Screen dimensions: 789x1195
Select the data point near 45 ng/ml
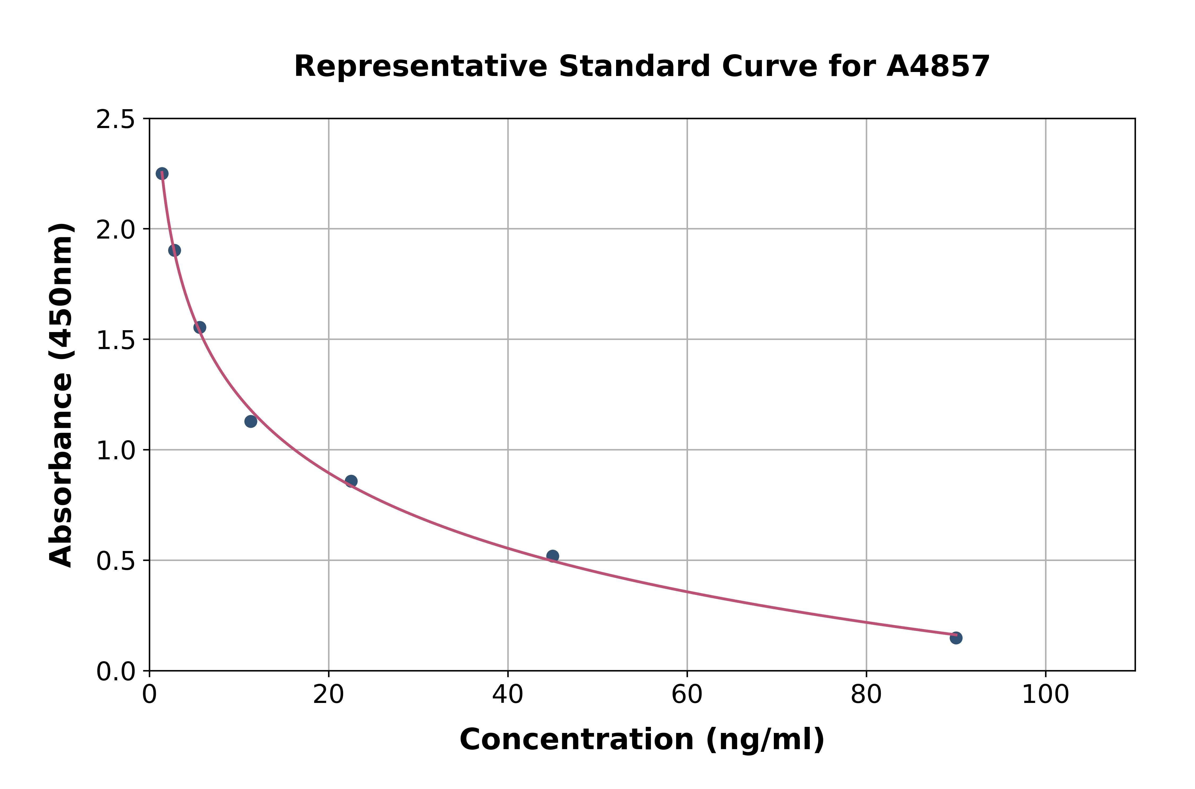pos(552,556)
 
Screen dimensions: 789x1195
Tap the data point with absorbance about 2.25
pos(162,173)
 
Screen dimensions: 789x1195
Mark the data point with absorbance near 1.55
pos(200,328)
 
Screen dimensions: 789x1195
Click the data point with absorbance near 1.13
pos(250,421)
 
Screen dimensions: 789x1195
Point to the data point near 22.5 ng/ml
pos(351,481)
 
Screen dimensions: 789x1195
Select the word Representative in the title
pos(420,66)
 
